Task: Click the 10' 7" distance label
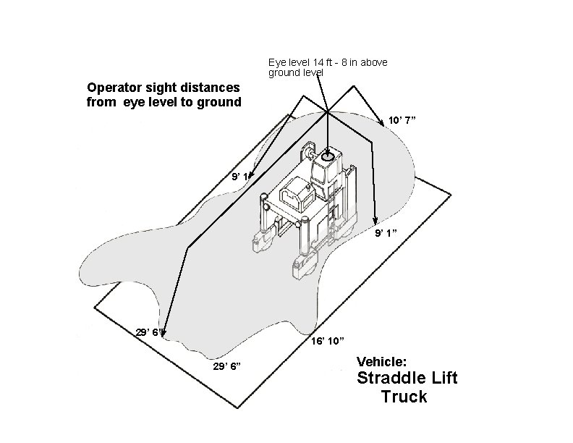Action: (402, 119)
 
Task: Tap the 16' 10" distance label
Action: (327, 340)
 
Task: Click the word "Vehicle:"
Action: (382, 360)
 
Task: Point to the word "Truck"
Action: (404, 397)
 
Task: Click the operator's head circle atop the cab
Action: (328, 156)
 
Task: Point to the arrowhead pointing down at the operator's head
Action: (328, 148)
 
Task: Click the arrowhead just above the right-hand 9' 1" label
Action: (375, 220)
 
